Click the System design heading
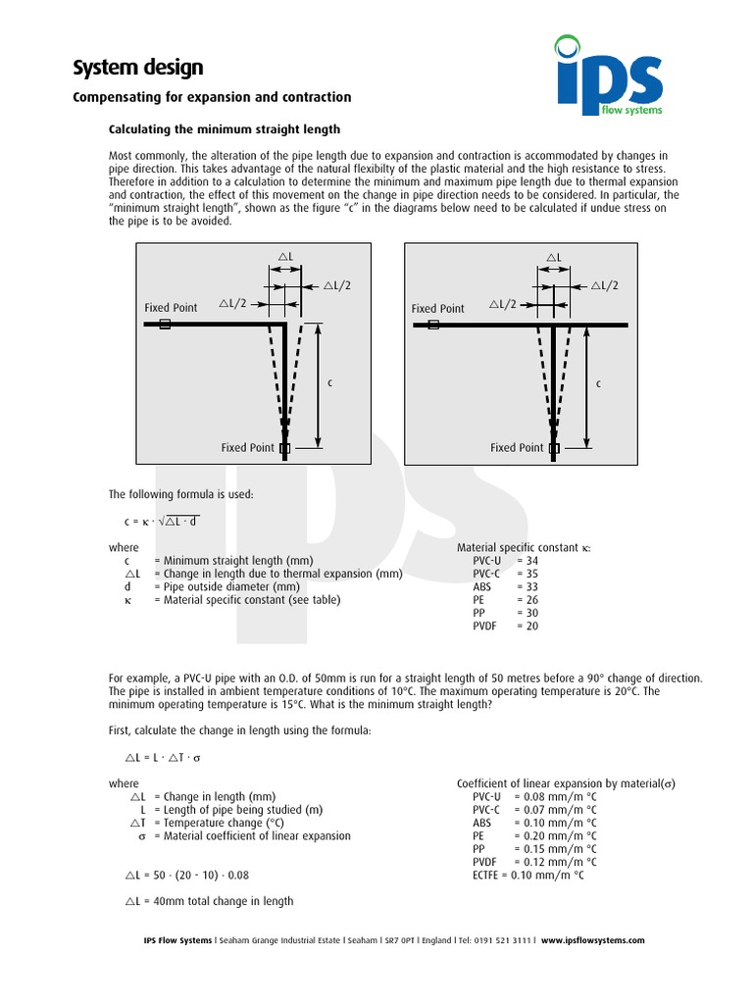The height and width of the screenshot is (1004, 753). point(139,68)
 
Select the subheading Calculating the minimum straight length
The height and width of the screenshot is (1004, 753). point(224,129)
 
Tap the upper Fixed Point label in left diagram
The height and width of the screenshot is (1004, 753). point(171,308)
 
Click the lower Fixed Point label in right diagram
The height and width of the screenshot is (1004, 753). point(517,448)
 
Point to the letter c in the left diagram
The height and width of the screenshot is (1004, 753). point(330,382)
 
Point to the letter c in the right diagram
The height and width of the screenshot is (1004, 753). point(598,383)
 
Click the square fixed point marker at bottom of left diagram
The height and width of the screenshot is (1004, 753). point(285,448)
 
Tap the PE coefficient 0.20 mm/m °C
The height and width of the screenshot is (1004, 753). point(555,836)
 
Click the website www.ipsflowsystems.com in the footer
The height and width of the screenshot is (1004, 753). point(592,940)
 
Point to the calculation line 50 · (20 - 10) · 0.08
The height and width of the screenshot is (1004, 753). point(194,875)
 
